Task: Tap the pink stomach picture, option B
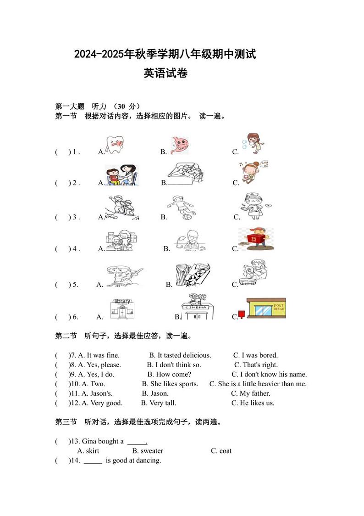tap(179, 145)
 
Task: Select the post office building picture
tap(266, 308)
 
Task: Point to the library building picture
tap(122, 309)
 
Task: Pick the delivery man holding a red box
tap(256, 240)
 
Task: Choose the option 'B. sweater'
tap(148, 451)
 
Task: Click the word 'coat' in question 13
tap(225, 451)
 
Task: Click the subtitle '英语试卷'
tap(165, 73)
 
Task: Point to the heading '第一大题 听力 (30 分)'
tap(98, 107)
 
